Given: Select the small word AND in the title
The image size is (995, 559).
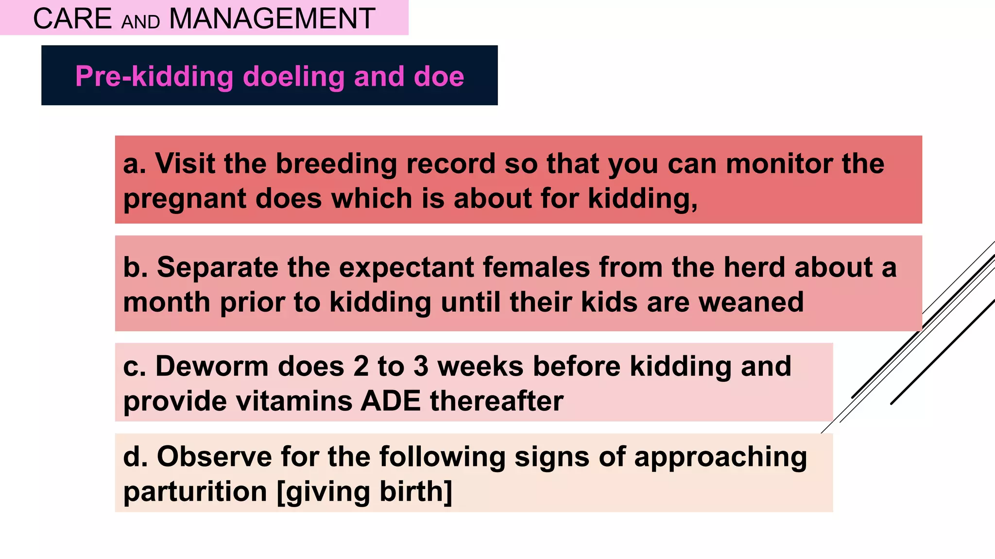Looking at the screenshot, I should click(x=140, y=22).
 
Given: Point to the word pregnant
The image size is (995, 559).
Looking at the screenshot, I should click(x=185, y=199).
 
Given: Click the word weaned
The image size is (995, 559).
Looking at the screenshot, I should click(x=751, y=302).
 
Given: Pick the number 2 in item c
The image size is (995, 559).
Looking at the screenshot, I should click(x=361, y=366).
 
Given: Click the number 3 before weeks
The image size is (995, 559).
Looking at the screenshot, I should click(x=421, y=366).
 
